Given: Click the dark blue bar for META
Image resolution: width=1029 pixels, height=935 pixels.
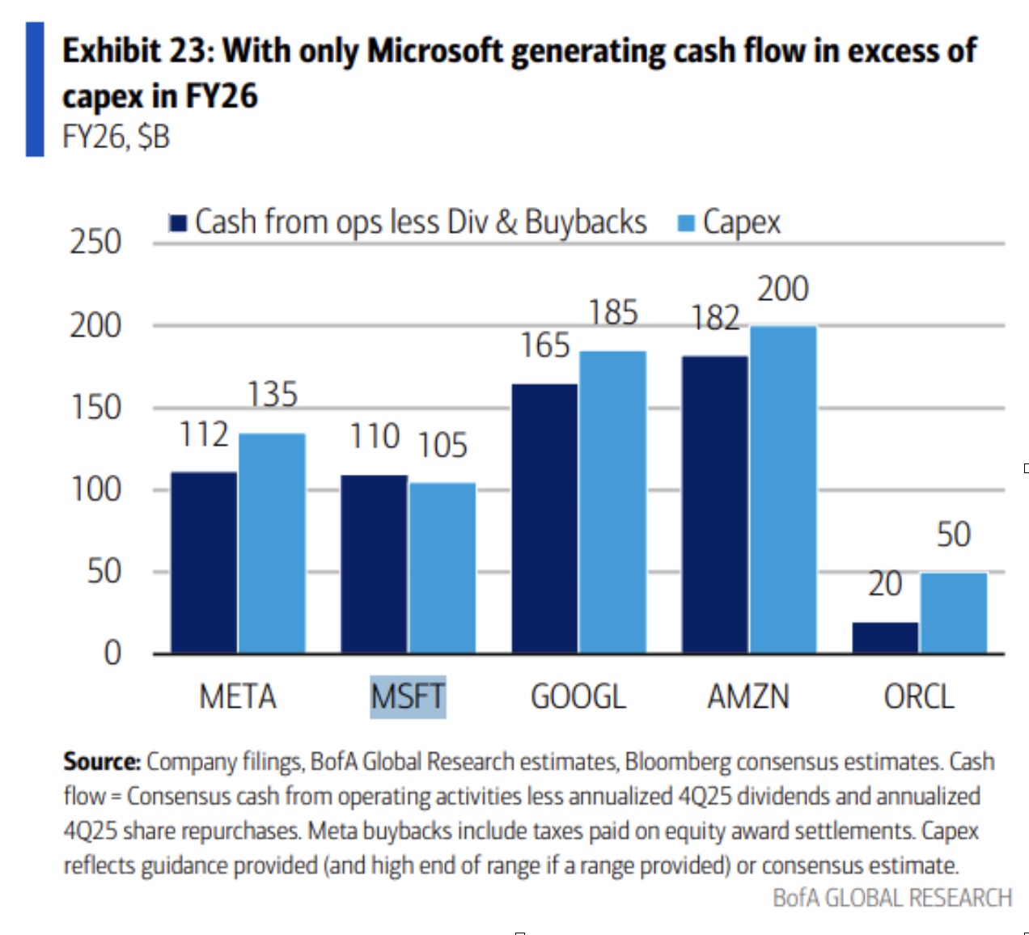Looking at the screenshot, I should click(204, 562).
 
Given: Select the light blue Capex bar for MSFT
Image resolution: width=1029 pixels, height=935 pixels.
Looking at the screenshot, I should click(443, 568).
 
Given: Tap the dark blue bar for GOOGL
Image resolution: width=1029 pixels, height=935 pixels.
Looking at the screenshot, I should click(544, 518).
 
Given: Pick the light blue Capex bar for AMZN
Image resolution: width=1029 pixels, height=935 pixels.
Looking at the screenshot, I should click(783, 489).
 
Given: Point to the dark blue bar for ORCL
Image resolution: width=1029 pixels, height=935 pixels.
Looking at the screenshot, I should click(885, 637).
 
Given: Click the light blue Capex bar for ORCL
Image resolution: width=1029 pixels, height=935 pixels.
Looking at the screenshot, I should click(954, 612).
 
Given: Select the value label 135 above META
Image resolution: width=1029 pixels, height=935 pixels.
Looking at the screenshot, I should click(273, 395).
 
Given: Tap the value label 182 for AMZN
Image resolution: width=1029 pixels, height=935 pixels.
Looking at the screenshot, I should click(715, 318).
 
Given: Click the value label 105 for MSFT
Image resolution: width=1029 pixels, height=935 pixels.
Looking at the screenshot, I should click(443, 445).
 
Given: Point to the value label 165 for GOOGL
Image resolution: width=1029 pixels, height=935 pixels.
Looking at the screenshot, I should click(545, 345).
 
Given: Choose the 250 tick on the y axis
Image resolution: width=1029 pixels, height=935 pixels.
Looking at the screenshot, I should click(95, 242).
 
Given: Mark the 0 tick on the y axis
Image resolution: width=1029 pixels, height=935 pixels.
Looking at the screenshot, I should click(112, 653).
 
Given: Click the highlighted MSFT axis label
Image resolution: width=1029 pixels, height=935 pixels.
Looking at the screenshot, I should click(408, 696).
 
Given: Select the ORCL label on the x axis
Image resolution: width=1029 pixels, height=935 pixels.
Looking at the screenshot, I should click(919, 696).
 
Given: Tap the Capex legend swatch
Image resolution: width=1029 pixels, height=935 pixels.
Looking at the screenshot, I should click(686, 222).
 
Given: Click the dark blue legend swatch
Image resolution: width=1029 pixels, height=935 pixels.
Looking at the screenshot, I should click(178, 222).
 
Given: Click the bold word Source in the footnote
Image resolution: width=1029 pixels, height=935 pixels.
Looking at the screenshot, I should click(102, 762).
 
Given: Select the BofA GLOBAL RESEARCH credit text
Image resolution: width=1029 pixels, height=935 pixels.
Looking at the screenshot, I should click(892, 898).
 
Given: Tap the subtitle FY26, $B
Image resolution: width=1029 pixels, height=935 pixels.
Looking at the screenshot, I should click(116, 137).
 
